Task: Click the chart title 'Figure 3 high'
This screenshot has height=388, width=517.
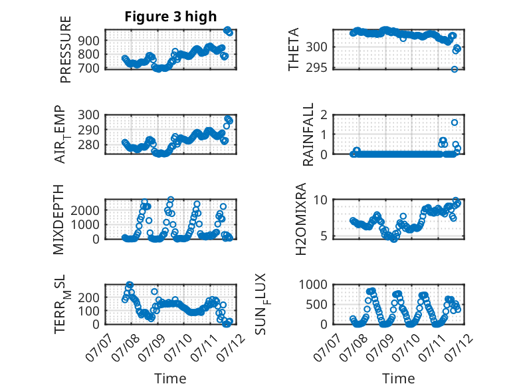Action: click(171, 17)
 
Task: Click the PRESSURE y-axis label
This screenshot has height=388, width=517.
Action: click(66, 49)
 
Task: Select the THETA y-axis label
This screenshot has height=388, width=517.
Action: click(293, 49)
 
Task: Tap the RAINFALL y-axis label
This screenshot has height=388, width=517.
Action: click(308, 134)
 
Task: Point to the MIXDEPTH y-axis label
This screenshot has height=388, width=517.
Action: click(58, 220)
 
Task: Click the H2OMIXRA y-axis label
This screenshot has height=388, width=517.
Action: click(301, 219)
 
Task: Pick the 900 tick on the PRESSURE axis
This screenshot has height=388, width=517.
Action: click(88, 41)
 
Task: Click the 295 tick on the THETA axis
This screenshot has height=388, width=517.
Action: click(316, 67)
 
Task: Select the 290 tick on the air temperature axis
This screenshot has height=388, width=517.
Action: click(88, 130)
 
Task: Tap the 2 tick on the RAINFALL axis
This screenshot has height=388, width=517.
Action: click(324, 115)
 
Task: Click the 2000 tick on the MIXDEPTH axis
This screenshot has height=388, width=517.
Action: click(85, 210)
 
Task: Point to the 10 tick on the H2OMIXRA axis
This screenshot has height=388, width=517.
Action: click(320, 200)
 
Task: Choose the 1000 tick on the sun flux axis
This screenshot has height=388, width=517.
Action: click(313, 284)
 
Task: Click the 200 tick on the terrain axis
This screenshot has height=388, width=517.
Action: click(88, 297)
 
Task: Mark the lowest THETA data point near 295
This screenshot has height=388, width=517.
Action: click(455, 69)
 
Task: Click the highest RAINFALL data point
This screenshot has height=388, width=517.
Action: click(455, 122)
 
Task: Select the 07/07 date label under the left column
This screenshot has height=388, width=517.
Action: click(98, 347)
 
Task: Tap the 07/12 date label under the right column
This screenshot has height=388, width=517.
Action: click(459, 347)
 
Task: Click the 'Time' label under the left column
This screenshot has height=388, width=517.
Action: click(170, 378)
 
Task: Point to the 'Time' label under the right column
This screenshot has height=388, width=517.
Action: click(398, 378)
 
